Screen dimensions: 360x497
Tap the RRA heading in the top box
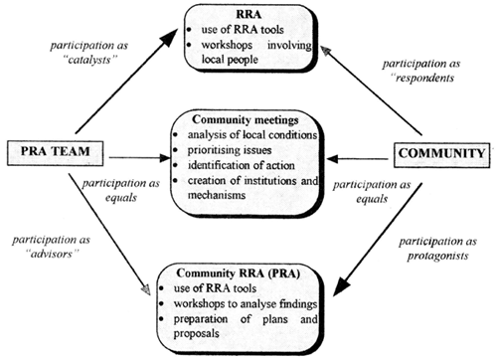point(246,15)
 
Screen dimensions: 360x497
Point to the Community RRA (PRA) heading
point(248,273)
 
